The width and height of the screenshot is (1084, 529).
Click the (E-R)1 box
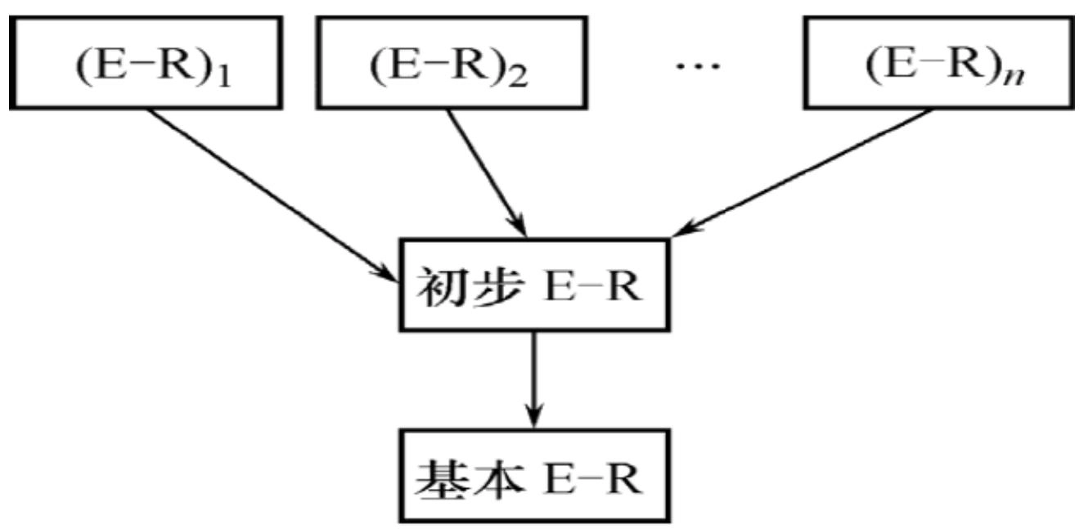click(x=145, y=63)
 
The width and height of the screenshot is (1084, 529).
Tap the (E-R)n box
click(x=938, y=63)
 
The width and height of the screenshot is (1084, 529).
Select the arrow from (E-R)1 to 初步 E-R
click(x=270, y=193)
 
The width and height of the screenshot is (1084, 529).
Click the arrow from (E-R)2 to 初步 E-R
click(x=487, y=172)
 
